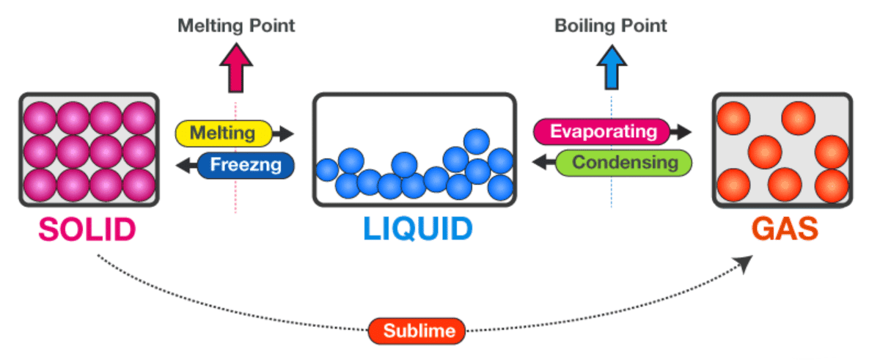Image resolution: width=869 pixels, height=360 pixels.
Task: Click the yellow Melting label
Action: [222, 133]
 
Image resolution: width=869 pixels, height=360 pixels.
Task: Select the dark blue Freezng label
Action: [246, 165]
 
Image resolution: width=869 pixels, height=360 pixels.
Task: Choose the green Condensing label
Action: [625, 162]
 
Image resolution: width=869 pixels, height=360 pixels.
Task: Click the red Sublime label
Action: [417, 331]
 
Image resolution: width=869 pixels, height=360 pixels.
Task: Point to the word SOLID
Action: [87, 229]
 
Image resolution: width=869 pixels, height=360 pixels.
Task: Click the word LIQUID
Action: [417, 229]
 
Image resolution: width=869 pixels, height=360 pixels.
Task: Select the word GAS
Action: [783, 229]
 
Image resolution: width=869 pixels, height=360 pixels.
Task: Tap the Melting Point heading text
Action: [236, 26]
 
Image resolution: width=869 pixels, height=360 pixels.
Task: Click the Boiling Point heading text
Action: [611, 26]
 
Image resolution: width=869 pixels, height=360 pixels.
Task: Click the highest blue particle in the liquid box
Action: [477, 142]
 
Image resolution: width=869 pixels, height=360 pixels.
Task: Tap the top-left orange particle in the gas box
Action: [732, 117]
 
